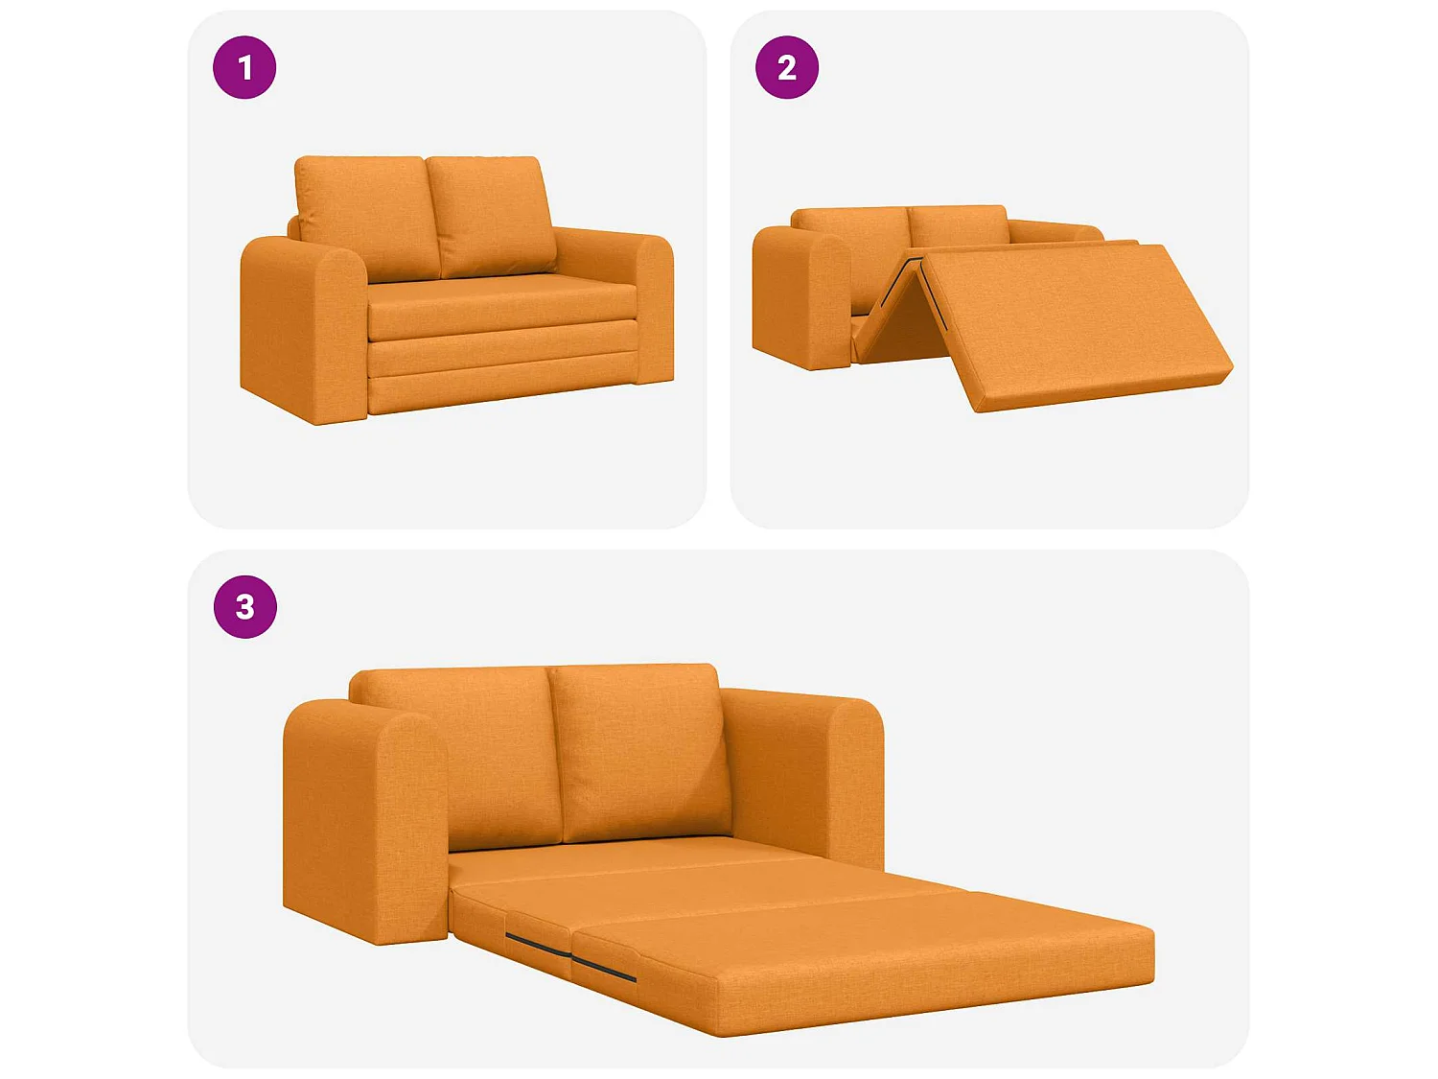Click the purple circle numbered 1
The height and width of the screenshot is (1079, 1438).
point(244,67)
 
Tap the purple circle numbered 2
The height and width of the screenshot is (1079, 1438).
point(787,67)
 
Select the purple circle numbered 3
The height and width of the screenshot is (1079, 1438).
point(244,607)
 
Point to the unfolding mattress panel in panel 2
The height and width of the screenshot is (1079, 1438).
point(1074,317)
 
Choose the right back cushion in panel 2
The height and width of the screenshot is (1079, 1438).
point(959,226)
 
